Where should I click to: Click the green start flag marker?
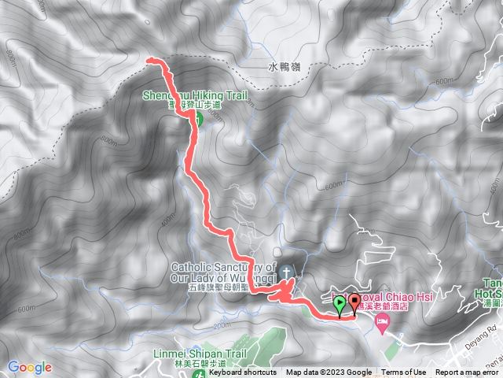pyautogui.click(x=340, y=303)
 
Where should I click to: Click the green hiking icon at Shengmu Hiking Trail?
pyautogui.click(x=197, y=119)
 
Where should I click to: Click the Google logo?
pyautogui.click(x=30, y=367)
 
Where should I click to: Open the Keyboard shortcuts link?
pyautogui.click(x=242, y=372)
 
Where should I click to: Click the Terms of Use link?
pyautogui.click(x=404, y=372)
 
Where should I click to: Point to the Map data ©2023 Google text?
pyautogui.click(x=329, y=372)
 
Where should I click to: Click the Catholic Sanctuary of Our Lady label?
pyautogui.click(x=222, y=272)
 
